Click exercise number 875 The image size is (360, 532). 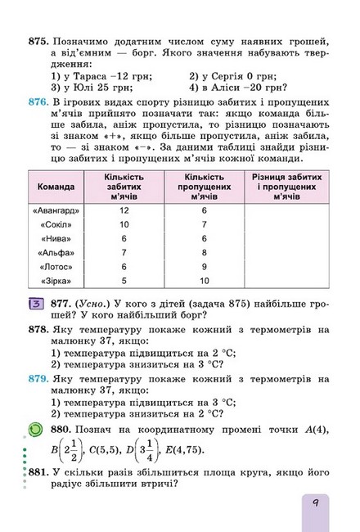point(38,39)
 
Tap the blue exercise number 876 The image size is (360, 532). point(38,119)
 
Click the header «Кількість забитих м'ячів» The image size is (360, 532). point(124,187)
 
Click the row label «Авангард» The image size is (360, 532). point(56,210)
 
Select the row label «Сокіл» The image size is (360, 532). point(56,224)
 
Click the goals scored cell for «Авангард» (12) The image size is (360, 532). point(124,210)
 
